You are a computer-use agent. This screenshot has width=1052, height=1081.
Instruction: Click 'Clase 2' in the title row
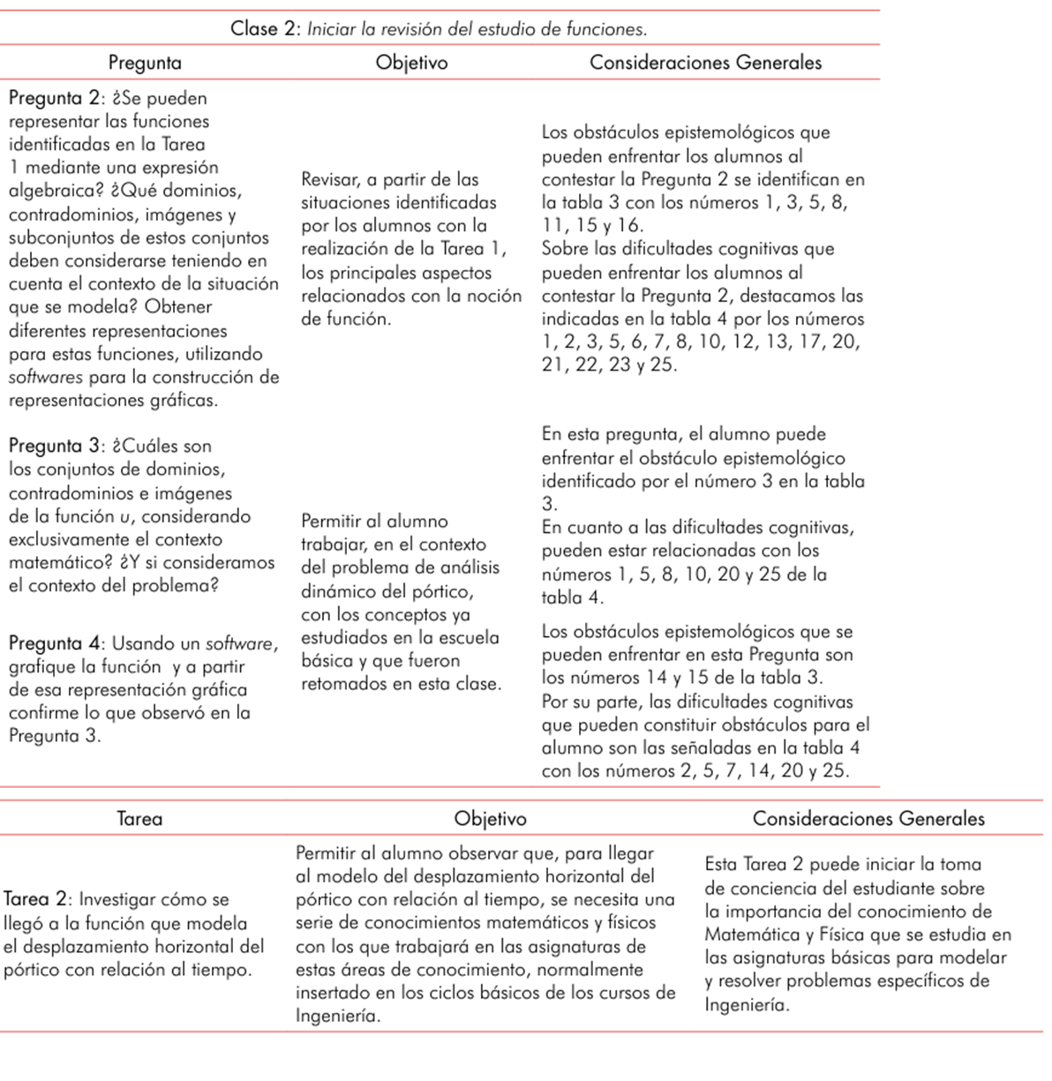click(266, 29)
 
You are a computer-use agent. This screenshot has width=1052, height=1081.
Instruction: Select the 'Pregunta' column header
click(145, 63)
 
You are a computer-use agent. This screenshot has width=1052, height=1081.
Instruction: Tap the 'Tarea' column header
click(139, 819)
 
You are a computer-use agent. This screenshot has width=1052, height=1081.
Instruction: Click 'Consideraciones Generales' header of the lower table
click(868, 819)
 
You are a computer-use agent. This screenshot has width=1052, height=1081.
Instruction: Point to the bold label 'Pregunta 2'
click(54, 98)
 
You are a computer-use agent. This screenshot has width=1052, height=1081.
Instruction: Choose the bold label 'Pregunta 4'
click(54, 643)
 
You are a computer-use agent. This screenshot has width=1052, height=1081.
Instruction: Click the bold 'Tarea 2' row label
click(35, 900)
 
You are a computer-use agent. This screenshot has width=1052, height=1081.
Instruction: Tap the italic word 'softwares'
click(46, 378)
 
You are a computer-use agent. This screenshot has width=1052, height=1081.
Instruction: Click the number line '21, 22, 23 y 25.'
click(610, 364)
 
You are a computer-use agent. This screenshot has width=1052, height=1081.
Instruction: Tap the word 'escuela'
click(469, 637)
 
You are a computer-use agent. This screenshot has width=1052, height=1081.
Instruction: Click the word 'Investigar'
click(120, 900)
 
